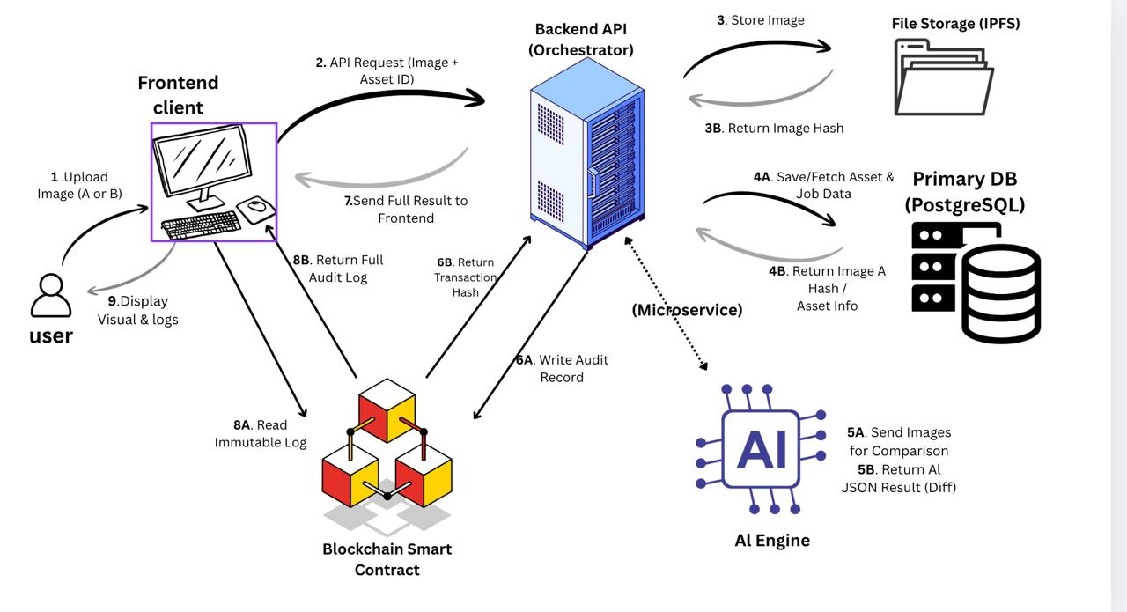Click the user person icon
(x=51, y=296)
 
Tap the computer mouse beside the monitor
(x=256, y=208)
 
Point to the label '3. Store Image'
(x=761, y=20)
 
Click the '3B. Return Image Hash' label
(x=774, y=129)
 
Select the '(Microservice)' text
(x=688, y=310)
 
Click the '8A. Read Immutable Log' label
(x=261, y=434)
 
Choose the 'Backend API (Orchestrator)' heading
(x=581, y=40)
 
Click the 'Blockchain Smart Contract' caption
(x=387, y=559)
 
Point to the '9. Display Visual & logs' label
(x=137, y=310)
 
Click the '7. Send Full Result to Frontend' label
(x=406, y=210)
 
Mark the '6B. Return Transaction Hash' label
(x=466, y=277)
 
